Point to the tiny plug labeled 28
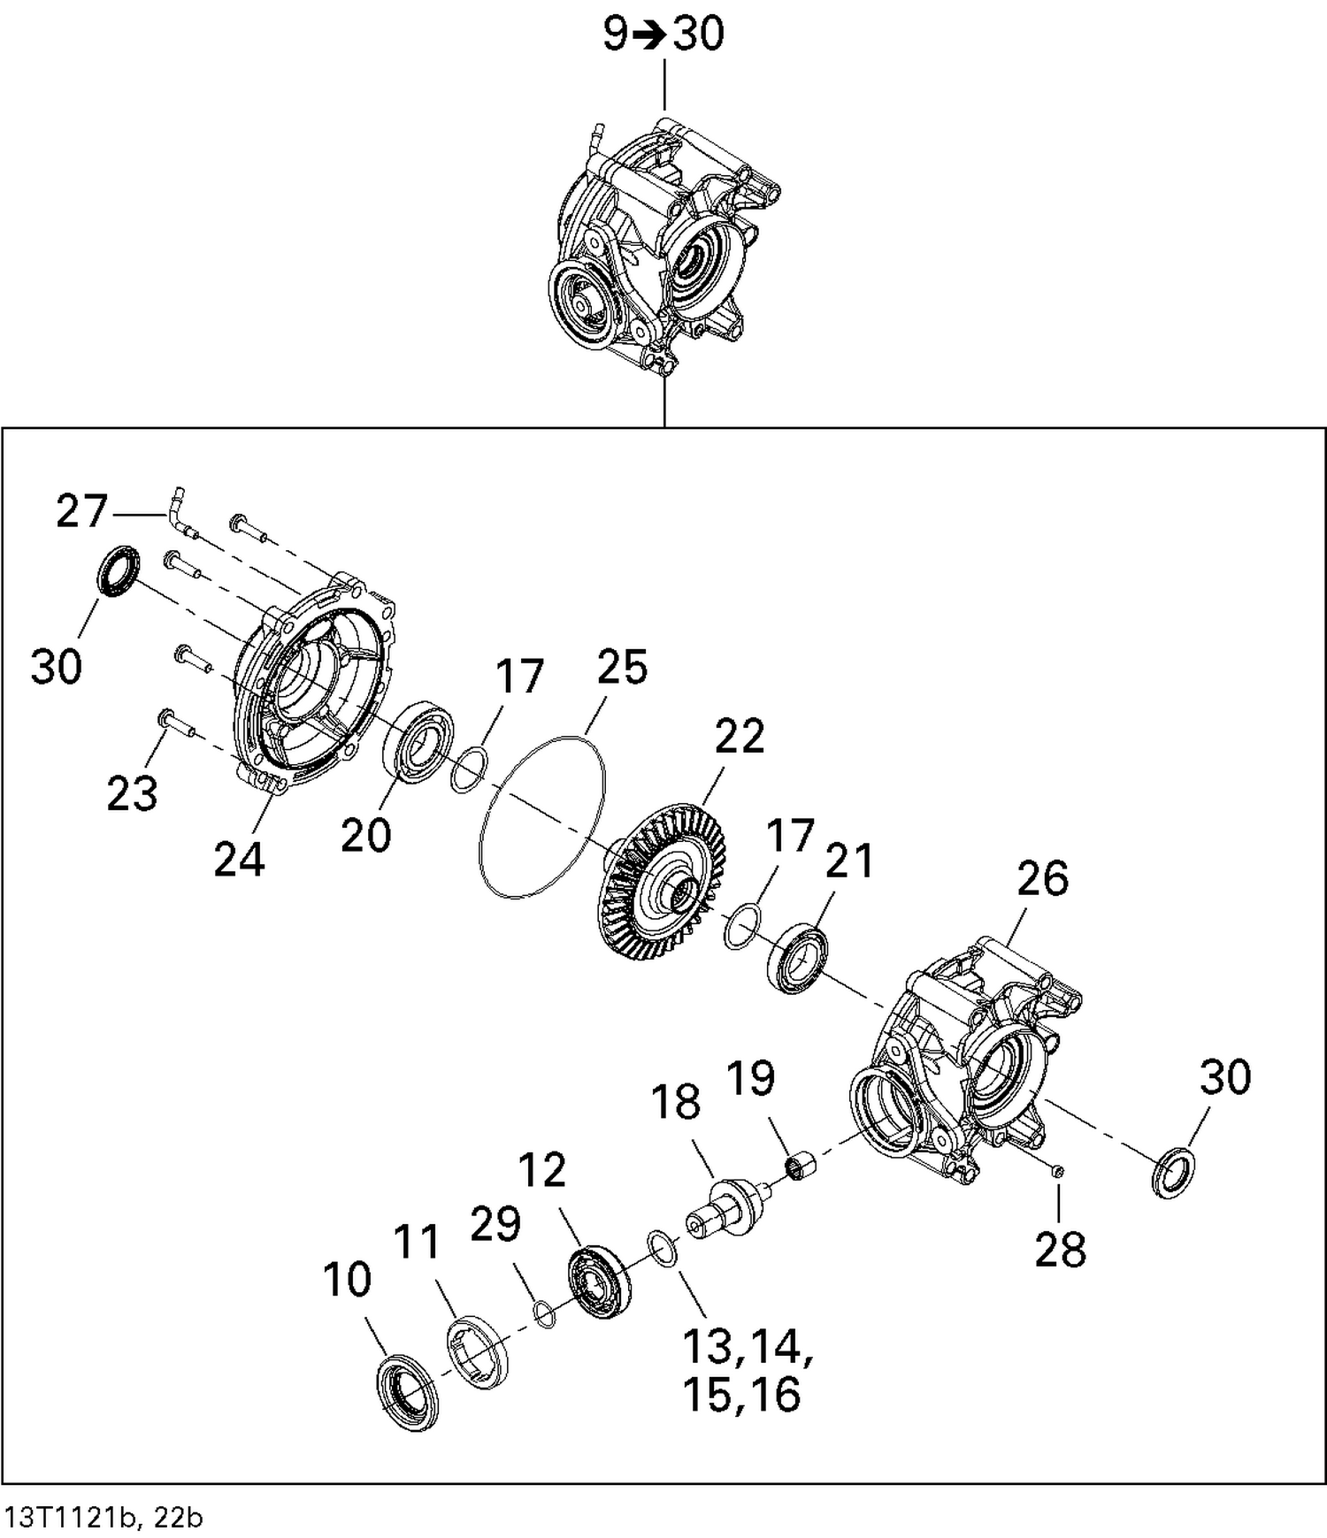(1057, 1171)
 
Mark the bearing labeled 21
(797, 957)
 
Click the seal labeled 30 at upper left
(118, 571)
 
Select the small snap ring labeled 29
(546, 1313)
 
